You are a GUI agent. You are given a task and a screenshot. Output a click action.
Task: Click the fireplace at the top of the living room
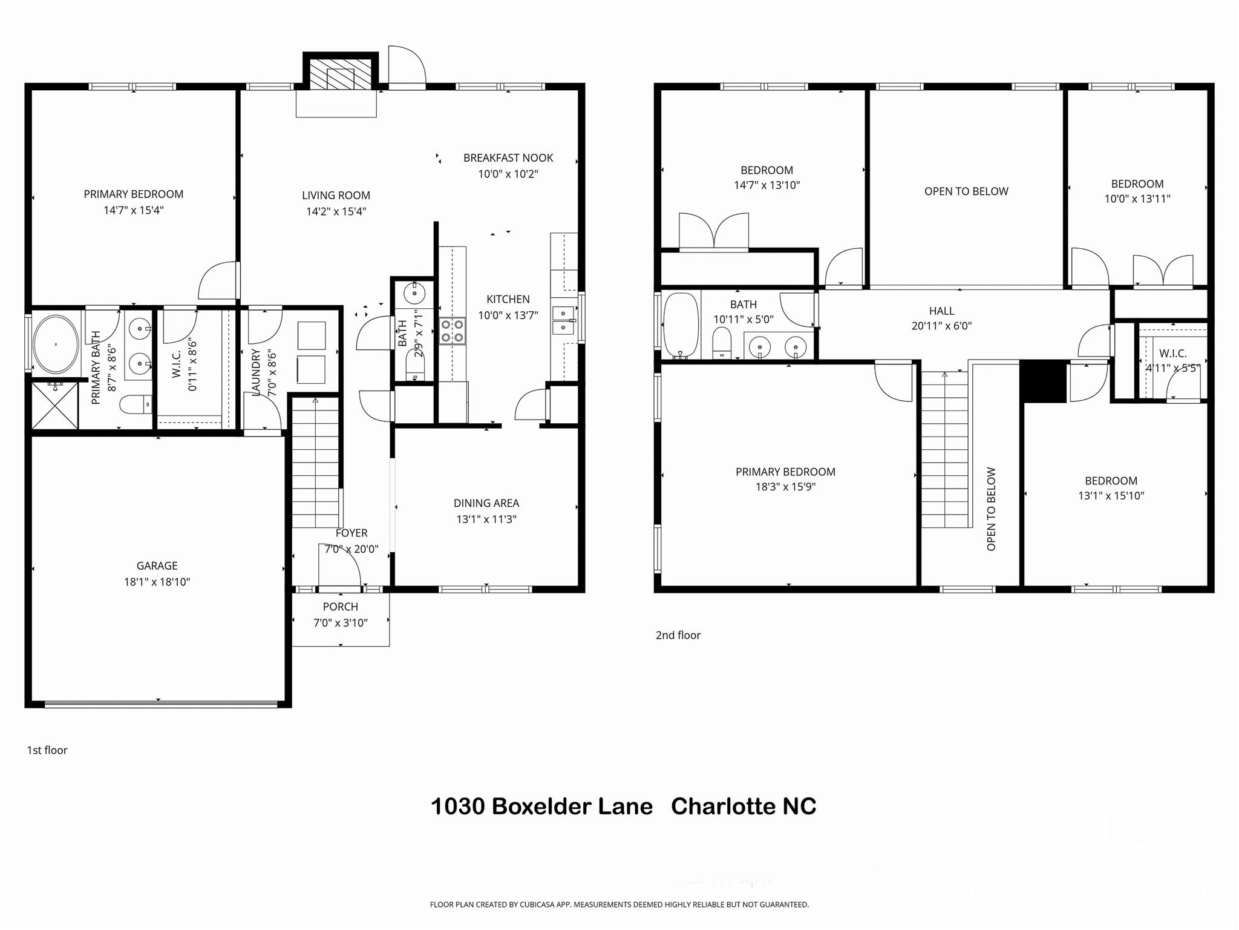340,74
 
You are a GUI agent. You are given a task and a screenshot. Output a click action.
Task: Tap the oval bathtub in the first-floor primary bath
56,344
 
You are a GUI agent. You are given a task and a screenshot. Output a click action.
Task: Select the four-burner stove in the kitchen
453,331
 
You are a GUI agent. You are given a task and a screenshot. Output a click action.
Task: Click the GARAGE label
157,566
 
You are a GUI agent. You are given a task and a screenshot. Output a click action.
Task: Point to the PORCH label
341,607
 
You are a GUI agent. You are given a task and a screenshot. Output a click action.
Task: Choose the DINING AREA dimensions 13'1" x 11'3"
486,519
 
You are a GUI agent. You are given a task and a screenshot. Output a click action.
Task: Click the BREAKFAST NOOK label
508,158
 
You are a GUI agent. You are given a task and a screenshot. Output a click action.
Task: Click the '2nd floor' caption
678,635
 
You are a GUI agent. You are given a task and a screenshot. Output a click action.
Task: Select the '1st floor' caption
47,750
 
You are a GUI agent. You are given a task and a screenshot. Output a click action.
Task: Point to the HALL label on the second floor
941,311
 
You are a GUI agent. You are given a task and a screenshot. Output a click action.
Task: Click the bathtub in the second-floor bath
681,325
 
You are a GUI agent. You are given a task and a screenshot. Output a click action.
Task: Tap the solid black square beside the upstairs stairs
1044,381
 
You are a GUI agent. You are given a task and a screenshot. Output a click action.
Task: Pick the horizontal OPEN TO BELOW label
966,191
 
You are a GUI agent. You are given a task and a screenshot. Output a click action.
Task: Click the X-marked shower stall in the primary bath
54,405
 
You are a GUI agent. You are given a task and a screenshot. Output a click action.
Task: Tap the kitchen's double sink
563,320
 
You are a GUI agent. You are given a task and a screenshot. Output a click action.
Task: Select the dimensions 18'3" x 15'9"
785,487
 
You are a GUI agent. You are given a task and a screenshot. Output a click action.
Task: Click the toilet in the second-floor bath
721,344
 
